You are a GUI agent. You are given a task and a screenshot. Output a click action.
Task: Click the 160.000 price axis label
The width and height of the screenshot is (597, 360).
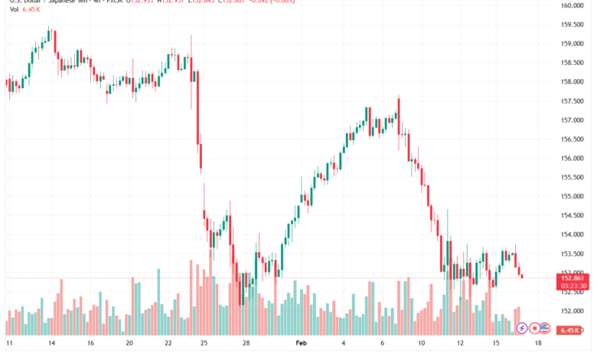tap(573, 5)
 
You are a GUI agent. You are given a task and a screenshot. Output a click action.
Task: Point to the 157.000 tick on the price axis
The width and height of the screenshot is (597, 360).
tap(573, 120)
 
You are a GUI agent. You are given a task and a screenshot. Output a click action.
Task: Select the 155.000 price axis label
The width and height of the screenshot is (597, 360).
tap(573, 196)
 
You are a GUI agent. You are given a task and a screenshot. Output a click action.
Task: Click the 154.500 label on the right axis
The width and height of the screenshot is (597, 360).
tap(573, 215)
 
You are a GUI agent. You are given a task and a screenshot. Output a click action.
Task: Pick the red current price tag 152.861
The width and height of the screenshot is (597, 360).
tap(573, 277)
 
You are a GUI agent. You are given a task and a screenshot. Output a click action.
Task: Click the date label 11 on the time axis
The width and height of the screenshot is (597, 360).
tap(9, 345)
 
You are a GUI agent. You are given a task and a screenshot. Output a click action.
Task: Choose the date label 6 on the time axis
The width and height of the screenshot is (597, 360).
tap(383, 345)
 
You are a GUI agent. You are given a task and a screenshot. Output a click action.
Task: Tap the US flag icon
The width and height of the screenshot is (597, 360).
tap(544, 328)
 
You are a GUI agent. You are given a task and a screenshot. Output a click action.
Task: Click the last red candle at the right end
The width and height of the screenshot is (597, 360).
tap(522, 275)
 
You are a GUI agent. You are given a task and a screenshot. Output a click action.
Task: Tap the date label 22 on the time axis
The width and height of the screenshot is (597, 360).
tap(169, 345)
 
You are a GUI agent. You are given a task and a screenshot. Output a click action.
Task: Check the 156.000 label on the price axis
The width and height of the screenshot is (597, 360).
tap(573, 159)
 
